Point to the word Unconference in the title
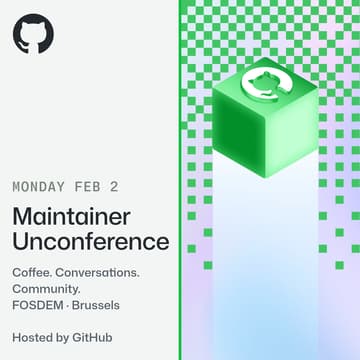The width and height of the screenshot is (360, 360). pos(90,241)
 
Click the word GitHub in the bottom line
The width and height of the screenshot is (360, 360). pos(93,337)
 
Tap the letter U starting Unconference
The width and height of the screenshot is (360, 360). pos(21,241)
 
